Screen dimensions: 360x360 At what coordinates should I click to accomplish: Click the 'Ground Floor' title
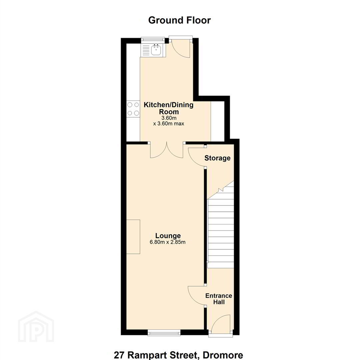[179, 20]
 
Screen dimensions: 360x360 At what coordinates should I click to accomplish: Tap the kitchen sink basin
[156, 50]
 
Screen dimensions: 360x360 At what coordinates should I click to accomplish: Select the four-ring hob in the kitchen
[133, 109]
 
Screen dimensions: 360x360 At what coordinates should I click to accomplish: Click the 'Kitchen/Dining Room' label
[169, 108]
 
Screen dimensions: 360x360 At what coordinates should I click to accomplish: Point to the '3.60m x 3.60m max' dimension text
[169, 121]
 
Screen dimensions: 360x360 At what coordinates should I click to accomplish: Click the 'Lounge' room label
[168, 236]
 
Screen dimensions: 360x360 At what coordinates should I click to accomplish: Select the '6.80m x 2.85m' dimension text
[168, 242]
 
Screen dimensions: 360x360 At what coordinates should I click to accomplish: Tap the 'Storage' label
[217, 158]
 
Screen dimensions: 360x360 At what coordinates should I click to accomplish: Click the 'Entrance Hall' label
[219, 299]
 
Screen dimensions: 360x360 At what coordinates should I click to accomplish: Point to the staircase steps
[221, 230]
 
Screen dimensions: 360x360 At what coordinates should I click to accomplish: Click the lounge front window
[164, 332]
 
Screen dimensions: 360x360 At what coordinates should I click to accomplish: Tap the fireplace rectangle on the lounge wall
[133, 237]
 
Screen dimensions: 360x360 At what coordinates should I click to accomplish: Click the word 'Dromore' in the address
[223, 355]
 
